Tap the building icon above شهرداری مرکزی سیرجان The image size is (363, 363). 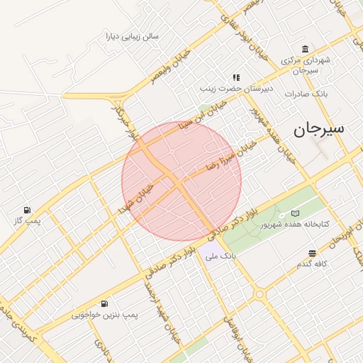click(305, 49)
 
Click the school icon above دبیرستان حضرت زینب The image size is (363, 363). click(236, 77)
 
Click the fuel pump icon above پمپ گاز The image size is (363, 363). click(27, 210)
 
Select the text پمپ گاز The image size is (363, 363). click(26, 222)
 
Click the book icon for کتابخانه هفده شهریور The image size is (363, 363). click(295, 213)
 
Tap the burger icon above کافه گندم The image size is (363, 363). click(313, 253)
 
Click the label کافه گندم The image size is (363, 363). click(312, 264)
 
